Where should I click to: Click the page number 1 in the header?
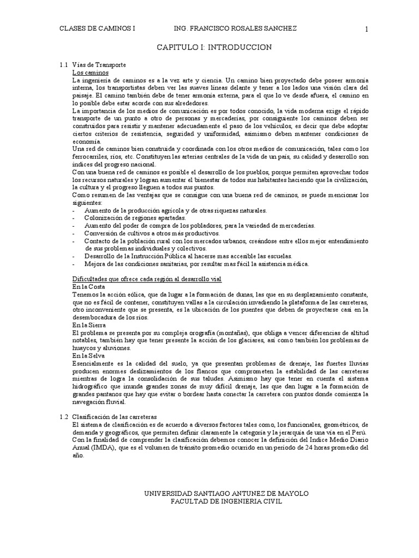367,29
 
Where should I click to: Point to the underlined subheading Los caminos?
91,72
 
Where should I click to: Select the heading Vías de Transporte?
99,65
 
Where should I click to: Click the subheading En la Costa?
88,287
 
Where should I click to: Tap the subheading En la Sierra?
89,324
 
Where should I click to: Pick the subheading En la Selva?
89,355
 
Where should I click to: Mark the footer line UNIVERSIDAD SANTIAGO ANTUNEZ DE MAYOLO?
226,493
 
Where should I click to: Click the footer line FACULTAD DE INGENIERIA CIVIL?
226,501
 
